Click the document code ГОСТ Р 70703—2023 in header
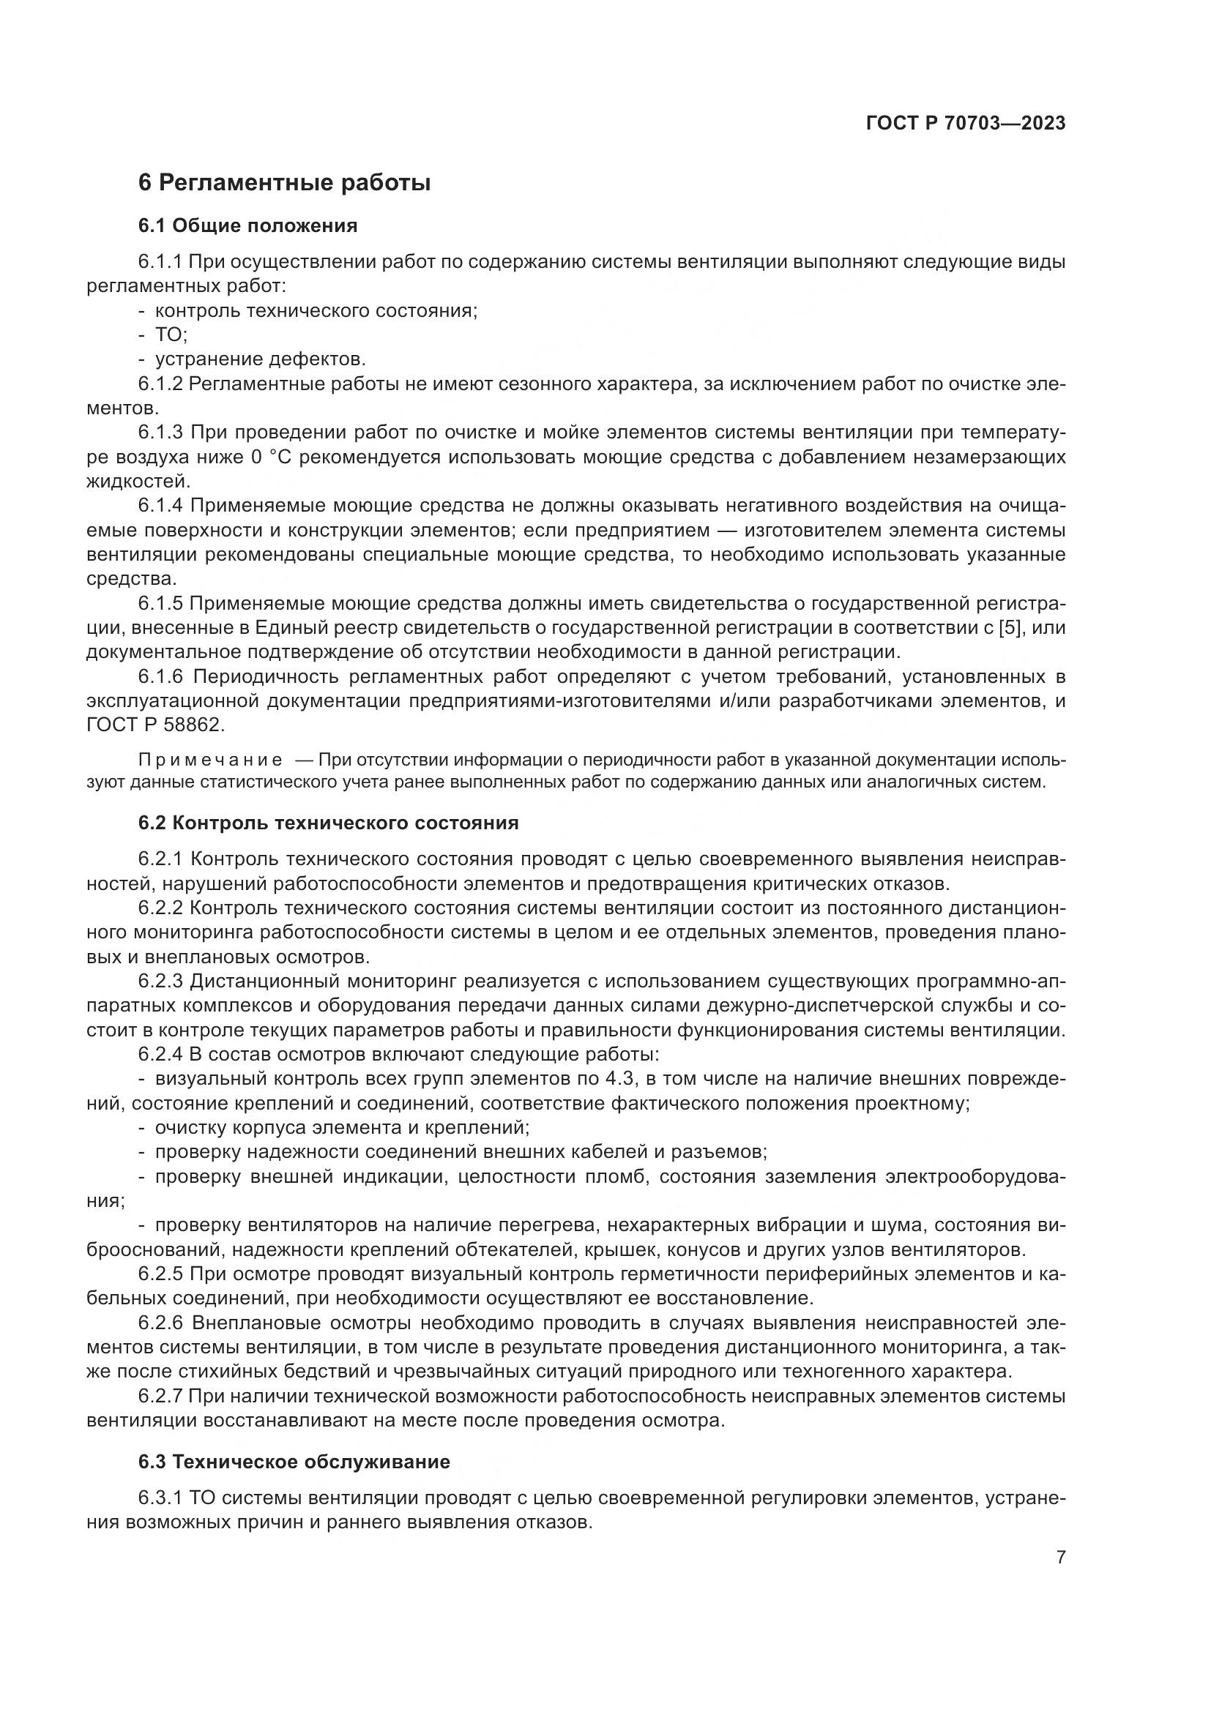(x=966, y=124)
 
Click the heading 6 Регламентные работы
(x=284, y=183)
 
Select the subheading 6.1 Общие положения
(x=247, y=226)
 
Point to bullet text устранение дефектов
(x=260, y=359)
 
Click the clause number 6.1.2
(x=160, y=384)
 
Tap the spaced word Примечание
(x=210, y=760)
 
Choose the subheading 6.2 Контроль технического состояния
(x=328, y=823)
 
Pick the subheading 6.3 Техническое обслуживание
(x=294, y=1462)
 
